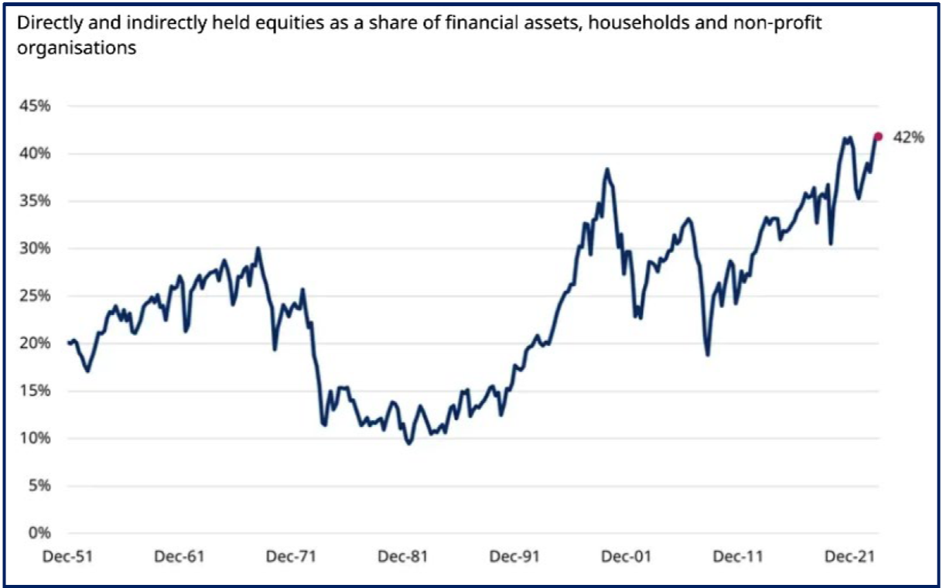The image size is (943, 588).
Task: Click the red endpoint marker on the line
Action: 878,136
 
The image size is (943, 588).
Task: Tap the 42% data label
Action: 908,137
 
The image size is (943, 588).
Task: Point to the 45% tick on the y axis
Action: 35,106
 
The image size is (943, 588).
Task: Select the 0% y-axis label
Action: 39,533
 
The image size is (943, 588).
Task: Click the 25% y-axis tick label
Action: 35,296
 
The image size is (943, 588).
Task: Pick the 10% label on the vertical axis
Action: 35,438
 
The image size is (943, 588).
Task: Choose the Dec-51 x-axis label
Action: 68,556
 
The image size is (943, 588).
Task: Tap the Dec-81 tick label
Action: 403,556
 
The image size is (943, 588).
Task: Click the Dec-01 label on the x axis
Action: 627,556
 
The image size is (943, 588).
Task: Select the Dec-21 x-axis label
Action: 850,556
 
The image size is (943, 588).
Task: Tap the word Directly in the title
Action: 50,23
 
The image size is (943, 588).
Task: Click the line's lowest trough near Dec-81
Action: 409,443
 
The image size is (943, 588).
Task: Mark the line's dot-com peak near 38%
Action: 607,169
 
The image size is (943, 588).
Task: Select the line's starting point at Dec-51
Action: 69,343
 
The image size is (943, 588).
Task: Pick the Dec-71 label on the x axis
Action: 292,556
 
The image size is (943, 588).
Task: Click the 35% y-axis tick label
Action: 35,200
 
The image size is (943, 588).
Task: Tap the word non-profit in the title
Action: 777,23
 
